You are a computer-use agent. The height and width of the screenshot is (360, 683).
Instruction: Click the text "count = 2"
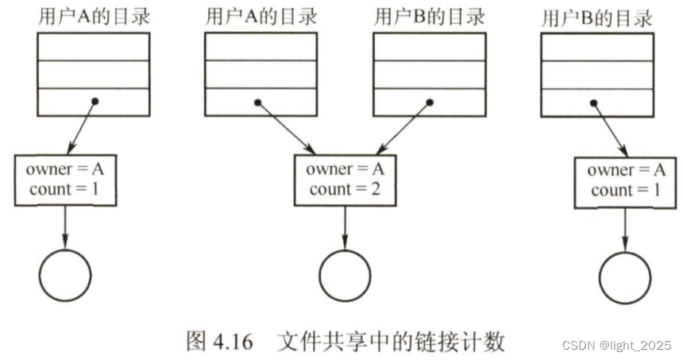point(344,190)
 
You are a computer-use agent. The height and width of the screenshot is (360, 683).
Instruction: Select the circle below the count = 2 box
point(345,275)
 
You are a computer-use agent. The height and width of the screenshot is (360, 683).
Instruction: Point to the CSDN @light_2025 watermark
point(616,345)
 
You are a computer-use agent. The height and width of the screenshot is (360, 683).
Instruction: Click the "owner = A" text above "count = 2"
point(345,169)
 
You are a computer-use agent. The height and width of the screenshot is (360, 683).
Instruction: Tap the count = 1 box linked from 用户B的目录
point(626,180)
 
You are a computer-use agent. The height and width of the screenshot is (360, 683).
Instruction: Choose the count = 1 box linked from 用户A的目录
point(65,180)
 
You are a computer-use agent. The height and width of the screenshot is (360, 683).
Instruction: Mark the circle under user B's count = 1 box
point(625,277)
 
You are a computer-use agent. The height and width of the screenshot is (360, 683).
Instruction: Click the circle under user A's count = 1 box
point(65,275)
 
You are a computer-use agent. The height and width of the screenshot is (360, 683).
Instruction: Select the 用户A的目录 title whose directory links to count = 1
point(93,18)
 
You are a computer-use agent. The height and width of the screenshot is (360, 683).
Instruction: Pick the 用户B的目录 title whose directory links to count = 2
point(429,18)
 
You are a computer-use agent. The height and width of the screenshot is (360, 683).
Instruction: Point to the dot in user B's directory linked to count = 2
point(430,102)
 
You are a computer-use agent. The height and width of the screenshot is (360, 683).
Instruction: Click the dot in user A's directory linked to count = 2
point(258,102)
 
